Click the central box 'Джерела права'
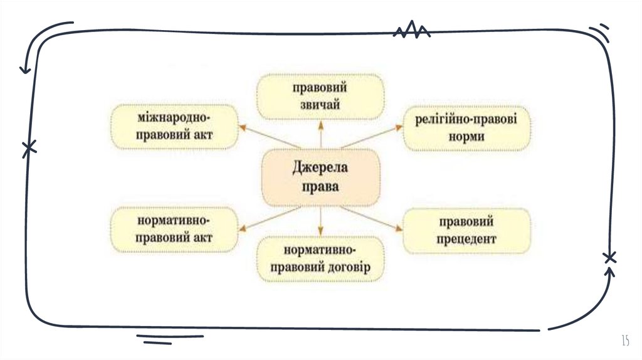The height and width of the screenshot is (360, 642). [x=320, y=177]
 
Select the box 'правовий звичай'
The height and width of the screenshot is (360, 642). [x=320, y=96]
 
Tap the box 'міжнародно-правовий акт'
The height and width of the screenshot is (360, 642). [x=174, y=127]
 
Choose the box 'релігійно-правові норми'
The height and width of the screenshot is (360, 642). [x=466, y=128]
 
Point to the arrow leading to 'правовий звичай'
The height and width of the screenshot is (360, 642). [x=321, y=134]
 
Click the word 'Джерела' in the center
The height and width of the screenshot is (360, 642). [x=320, y=169]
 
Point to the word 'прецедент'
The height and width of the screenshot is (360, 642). [x=467, y=239]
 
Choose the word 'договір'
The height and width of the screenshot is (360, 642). [x=347, y=267]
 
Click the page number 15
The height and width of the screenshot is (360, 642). [x=624, y=341]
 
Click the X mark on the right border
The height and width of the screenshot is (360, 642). [x=609, y=257]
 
